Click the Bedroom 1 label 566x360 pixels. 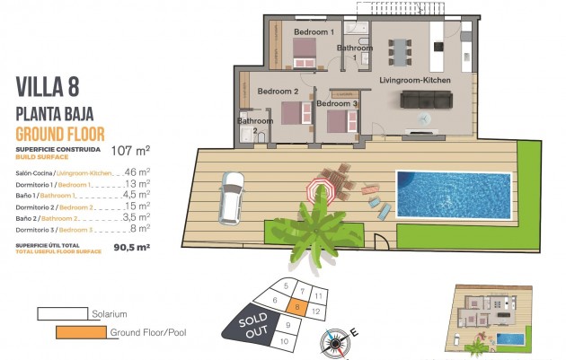coord(314,32)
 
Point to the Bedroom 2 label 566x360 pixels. coord(278,92)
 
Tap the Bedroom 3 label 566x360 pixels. coord(337,104)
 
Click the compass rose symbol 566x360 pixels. coord(337,341)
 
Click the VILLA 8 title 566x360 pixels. coord(48,87)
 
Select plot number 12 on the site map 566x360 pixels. coord(317,310)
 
